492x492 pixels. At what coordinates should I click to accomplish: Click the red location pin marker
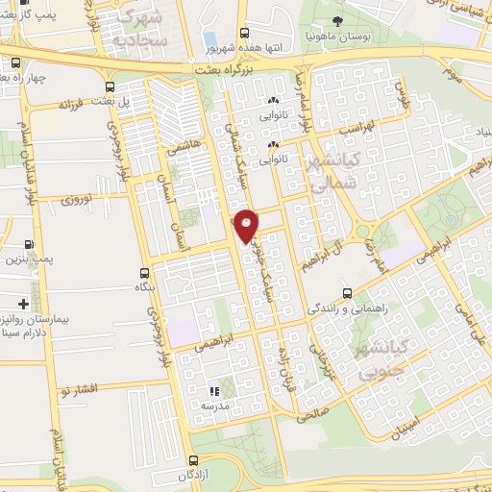[x=247, y=226]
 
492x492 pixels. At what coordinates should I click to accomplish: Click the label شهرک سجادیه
[x=141, y=28]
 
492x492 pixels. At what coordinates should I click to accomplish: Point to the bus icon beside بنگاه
[x=144, y=273]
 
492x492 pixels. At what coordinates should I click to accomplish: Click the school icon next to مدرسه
[x=215, y=391]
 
